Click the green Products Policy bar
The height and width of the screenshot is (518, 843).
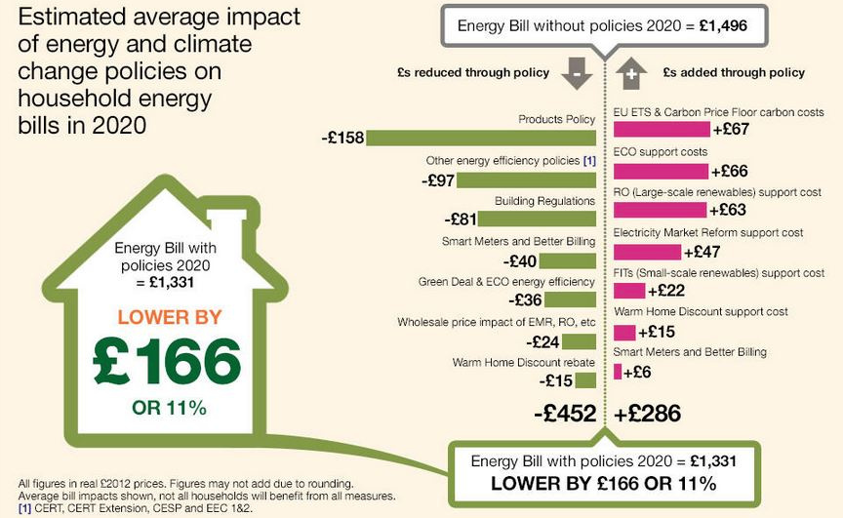480,139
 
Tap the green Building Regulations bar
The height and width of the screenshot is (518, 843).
538,219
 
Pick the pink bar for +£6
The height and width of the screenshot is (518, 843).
618,371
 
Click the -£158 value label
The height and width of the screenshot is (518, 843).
341,139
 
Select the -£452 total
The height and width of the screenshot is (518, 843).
565,414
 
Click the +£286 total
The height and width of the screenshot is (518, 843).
648,414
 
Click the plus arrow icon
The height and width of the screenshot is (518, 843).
631,73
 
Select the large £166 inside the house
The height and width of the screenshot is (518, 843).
167,362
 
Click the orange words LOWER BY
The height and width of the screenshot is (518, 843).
170,317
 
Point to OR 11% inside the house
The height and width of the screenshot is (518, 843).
169,407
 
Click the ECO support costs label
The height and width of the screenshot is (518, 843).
661,153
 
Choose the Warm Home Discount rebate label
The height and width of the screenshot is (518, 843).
523,362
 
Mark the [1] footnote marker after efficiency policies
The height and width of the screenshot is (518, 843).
589,160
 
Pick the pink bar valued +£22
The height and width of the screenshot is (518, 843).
629,291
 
